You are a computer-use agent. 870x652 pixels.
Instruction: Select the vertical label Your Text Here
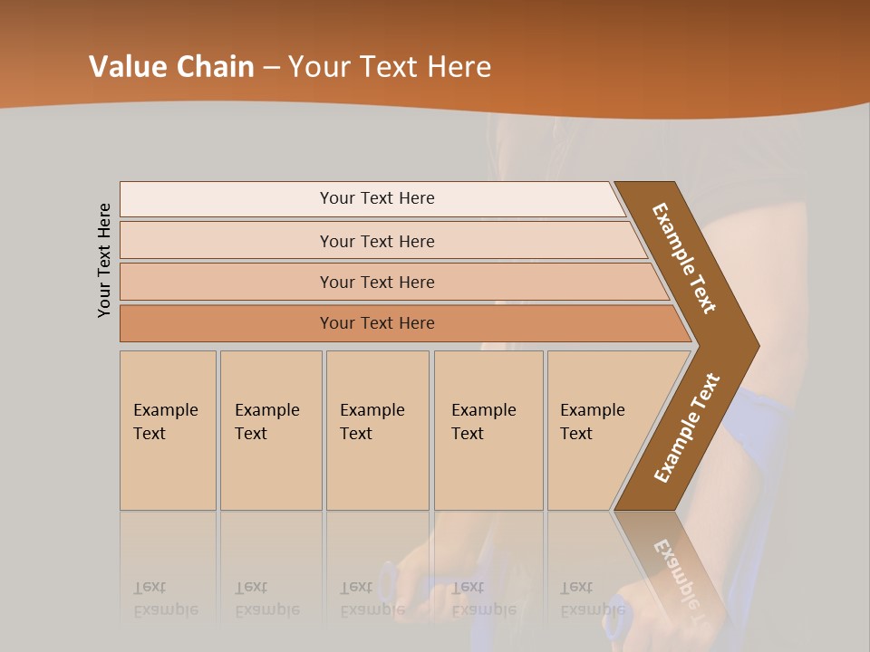click(x=104, y=260)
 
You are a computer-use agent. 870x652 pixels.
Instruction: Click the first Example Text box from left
click(x=168, y=430)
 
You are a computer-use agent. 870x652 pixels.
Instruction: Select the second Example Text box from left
click(x=271, y=430)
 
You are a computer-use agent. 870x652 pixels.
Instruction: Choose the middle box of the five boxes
click(x=377, y=430)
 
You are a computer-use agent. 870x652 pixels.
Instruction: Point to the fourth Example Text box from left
click(x=488, y=430)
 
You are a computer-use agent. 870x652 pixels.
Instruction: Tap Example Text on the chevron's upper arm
click(x=684, y=258)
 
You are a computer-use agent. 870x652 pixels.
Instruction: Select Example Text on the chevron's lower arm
click(x=687, y=428)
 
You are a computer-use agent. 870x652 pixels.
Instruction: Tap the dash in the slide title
click(x=271, y=68)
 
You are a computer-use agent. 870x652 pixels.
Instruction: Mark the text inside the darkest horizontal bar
click(x=377, y=323)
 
